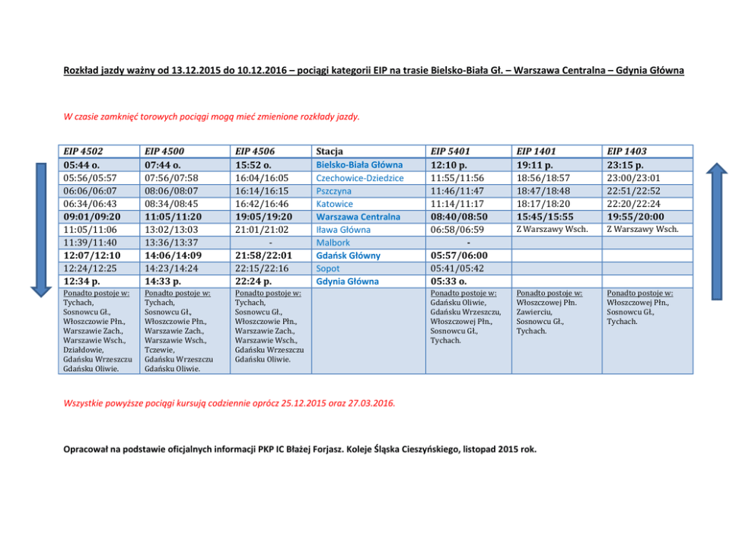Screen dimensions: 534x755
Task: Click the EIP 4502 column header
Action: coord(84,151)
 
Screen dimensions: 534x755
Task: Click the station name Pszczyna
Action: coord(334,191)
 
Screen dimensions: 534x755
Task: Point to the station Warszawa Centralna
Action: coord(357,217)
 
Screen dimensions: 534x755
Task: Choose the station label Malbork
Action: coord(333,243)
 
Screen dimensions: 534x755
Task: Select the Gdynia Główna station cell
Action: coord(348,281)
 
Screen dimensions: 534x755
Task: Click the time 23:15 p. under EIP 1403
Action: coord(626,164)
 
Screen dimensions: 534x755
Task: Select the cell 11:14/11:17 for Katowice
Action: coord(457,204)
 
